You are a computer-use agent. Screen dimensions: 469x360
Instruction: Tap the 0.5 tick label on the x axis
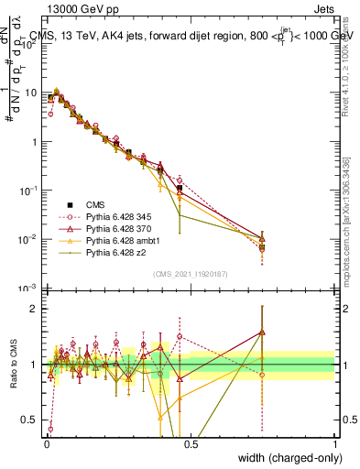point(190,442)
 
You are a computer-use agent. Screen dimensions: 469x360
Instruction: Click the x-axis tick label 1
point(335,442)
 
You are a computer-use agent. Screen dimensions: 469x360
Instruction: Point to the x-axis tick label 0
point(46,442)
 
